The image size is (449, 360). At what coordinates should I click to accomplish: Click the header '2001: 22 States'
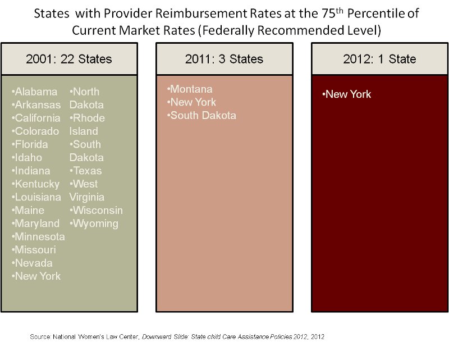click(x=69, y=58)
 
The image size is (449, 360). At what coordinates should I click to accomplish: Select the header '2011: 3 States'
click(x=224, y=58)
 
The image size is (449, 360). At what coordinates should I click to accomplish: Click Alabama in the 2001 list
click(x=36, y=92)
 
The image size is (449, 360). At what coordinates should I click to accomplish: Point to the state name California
click(x=37, y=118)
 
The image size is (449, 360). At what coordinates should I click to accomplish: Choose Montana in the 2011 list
click(x=191, y=89)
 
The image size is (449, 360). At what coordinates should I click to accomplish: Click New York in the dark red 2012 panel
click(x=348, y=94)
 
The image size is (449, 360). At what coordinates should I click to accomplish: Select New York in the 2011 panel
click(x=193, y=102)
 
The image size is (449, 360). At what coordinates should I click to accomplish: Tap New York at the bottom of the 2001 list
click(x=38, y=276)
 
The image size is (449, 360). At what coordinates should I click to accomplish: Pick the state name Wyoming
click(x=95, y=224)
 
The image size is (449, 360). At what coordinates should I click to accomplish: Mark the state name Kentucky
click(x=37, y=184)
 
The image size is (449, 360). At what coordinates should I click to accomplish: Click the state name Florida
click(x=33, y=144)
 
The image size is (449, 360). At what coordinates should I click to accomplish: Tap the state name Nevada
click(x=34, y=263)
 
